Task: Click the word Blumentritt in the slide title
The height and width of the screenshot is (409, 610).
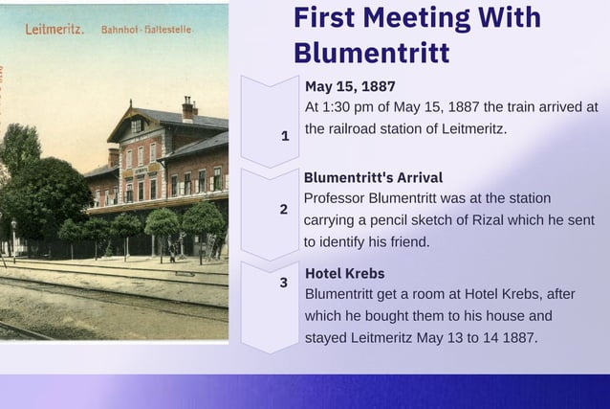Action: click(x=371, y=51)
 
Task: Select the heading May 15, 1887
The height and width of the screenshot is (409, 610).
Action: click(x=350, y=86)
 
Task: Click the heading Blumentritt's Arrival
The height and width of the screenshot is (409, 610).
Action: click(x=373, y=177)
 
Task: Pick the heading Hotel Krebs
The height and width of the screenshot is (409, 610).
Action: click(x=344, y=273)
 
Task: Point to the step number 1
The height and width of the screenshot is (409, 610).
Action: click(x=284, y=136)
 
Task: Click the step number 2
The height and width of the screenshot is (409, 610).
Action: click(x=283, y=209)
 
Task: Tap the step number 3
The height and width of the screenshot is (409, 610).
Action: click(x=284, y=283)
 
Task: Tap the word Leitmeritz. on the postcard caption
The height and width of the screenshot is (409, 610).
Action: click(x=54, y=29)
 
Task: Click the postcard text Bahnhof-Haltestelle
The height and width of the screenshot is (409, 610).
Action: click(x=146, y=30)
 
